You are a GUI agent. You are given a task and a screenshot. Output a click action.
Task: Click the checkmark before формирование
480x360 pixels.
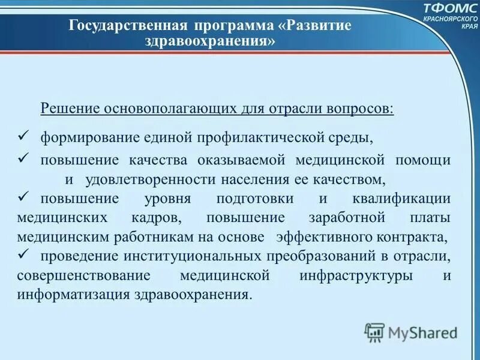click(25, 136)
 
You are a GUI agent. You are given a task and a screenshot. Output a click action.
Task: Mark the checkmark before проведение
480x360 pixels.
click(25, 254)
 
